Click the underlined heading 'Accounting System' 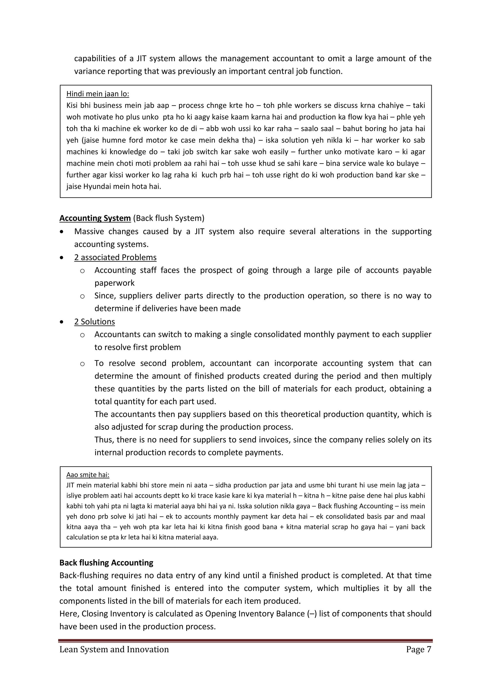tap(95, 218)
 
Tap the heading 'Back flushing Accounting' tap(106, 563)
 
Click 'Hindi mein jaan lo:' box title tap(97, 94)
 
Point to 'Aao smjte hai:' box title tap(88, 475)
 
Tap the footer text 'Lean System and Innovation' tap(114, 649)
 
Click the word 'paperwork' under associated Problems tap(114, 283)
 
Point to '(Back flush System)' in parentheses tap(168, 218)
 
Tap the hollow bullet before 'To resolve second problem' tap(82, 364)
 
